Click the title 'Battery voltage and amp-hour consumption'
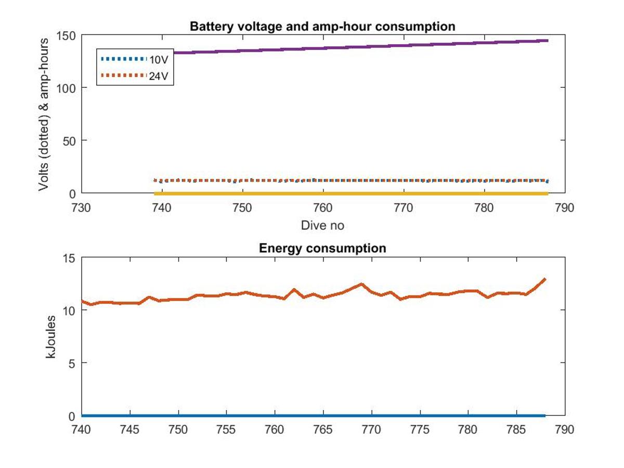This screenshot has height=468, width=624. coord(322,26)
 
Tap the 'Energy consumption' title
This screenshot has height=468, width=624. coord(322,248)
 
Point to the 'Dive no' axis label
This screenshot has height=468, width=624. coord(322,226)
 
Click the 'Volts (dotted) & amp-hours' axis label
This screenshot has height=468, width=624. coord(44,114)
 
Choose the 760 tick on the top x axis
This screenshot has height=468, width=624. coord(322,207)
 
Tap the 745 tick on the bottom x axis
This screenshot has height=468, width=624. coord(130,430)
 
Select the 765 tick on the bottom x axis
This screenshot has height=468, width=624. coord(323,430)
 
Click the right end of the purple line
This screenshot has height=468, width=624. coord(548,41)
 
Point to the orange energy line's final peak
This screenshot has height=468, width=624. coord(545,279)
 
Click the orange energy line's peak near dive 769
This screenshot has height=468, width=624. coord(361,284)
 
